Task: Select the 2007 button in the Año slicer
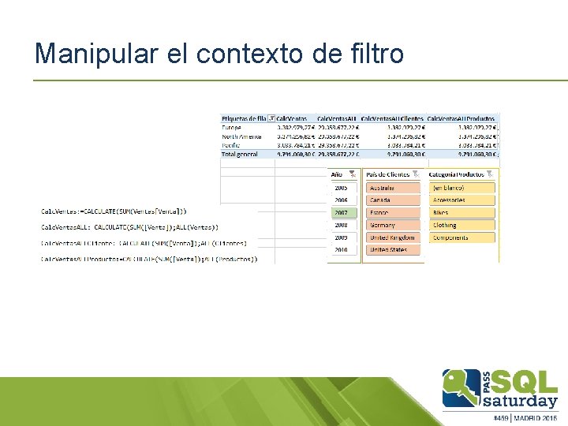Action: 341,213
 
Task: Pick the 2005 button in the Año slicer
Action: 341,188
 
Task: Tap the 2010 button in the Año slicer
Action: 341,249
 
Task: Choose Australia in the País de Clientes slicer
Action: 393,188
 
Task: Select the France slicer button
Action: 393,213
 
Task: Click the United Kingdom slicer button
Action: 393,237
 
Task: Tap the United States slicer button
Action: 393,249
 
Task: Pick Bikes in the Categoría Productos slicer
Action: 462,213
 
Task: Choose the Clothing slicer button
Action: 462,225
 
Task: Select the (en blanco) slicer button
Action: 462,188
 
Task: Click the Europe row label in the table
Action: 232,126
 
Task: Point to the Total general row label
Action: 241,154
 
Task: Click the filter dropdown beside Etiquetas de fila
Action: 271,118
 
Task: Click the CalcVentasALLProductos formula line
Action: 149,258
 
